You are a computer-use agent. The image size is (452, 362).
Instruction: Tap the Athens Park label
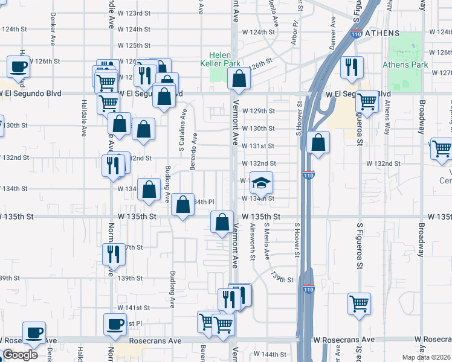click(x=405, y=65)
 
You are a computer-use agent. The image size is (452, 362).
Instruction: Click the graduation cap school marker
click(x=261, y=182)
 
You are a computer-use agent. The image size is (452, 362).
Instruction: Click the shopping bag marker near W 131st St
click(x=318, y=142)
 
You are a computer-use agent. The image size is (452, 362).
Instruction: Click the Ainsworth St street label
click(x=252, y=241)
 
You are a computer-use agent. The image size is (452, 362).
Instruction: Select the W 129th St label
click(x=258, y=111)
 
